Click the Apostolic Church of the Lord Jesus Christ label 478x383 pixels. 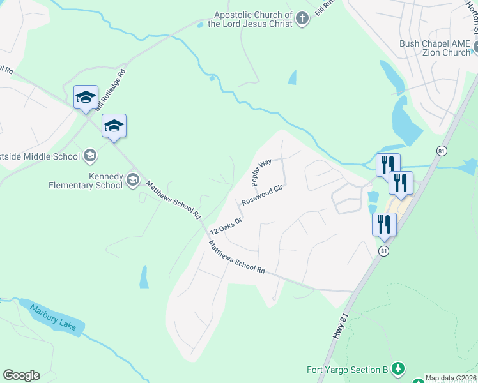[x=253, y=19]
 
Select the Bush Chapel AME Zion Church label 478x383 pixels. [x=435, y=48]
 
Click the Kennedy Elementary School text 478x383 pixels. [x=85, y=181]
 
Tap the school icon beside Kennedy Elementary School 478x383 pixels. [x=133, y=179]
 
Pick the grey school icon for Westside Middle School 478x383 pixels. [x=90, y=156]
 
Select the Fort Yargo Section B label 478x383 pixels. [x=348, y=370]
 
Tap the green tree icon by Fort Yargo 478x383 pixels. [x=398, y=368]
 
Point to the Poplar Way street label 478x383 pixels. [x=261, y=172]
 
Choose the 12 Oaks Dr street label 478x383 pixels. [x=226, y=225]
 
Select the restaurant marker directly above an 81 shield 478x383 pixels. [x=384, y=224]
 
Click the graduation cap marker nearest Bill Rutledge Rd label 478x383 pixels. [x=86, y=97]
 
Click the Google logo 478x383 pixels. [x=21, y=375]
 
